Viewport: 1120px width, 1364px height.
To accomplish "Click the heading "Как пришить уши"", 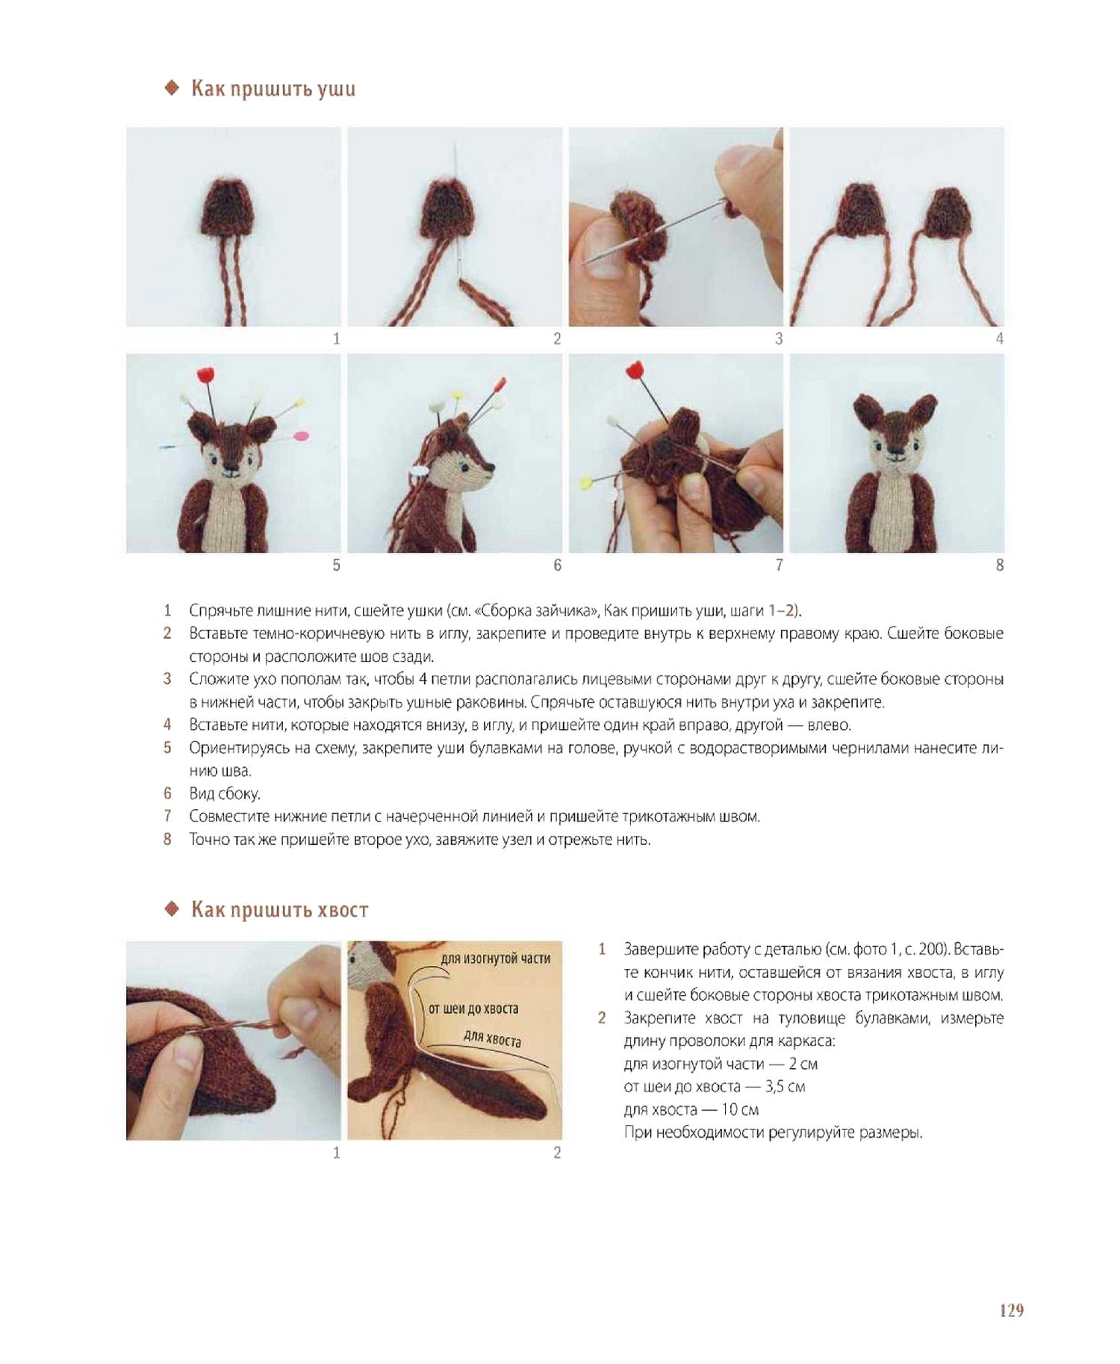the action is (x=273, y=89).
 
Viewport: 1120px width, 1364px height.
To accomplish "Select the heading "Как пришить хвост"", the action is (x=280, y=909).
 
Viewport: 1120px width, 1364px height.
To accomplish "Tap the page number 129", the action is (x=1012, y=1309).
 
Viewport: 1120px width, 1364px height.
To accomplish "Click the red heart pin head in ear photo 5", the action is (x=207, y=373).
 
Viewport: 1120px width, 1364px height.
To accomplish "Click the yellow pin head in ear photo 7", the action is (x=587, y=482).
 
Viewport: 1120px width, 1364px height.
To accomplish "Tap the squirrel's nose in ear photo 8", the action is (x=895, y=450).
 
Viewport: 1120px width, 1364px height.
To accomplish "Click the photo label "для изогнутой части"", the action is (x=496, y=958).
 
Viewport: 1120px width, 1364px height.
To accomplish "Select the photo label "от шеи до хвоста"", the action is (x=473, y=1008).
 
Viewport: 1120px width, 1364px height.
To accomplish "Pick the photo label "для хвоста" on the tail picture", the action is (x=492, y=1038).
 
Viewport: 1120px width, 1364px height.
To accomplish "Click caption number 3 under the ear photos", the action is (x=778, y=338).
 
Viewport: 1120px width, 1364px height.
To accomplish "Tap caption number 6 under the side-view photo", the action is (x=557, y=565).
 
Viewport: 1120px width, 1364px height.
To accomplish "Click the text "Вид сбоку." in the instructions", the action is (x=225, y=793).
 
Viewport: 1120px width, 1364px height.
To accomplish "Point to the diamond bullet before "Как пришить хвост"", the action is (x=172, y=909).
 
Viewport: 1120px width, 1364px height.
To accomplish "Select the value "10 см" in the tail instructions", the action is (x=739, y=1109).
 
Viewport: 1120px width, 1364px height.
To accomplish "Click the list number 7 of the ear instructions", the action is (x=167, y=816).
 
